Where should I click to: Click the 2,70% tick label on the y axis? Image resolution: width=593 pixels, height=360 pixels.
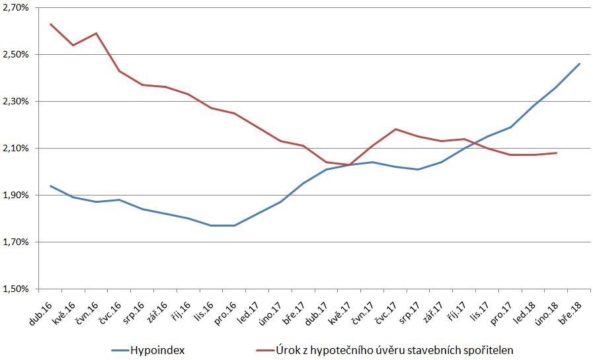[x=15, y=7]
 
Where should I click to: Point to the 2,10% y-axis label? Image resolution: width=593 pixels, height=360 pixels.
[x=15, y=148]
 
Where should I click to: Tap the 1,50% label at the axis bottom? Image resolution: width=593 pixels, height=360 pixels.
[x=15, y=289]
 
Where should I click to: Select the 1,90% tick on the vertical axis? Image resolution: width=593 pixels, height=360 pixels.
[x=15, y=195]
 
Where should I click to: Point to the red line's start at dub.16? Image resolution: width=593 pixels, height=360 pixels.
[x=51, y=24]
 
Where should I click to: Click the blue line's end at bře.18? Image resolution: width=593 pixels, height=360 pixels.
[x=579, y=64]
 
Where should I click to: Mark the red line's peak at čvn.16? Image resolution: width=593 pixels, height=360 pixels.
[x=97, y=33]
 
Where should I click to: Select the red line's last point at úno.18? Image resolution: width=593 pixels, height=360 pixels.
[x=556, y=153]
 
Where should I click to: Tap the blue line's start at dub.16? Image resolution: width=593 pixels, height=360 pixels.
[x=51, y=186]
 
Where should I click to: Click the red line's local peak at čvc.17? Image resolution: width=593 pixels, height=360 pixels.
[x=395, y=129]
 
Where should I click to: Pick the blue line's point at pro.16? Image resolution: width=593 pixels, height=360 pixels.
[x=235, y=225]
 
